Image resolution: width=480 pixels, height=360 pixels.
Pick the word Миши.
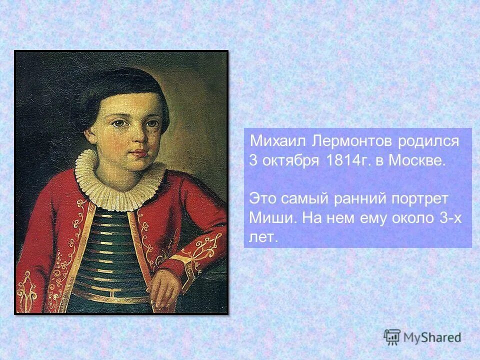click(x=268, y=218)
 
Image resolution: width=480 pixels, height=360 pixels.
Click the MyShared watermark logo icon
click(x=392, y=337)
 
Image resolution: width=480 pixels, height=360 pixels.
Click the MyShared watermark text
click(x=432, y=338)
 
